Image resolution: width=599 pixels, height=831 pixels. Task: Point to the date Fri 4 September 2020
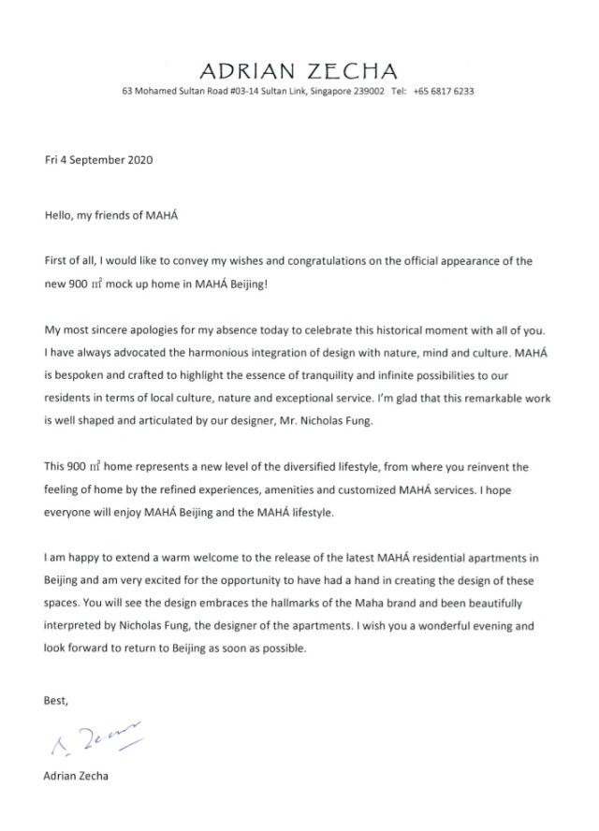pos(98,159)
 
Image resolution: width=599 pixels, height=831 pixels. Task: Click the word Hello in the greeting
pos(59,214)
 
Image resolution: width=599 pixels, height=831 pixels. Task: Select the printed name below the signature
pos(76,776)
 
